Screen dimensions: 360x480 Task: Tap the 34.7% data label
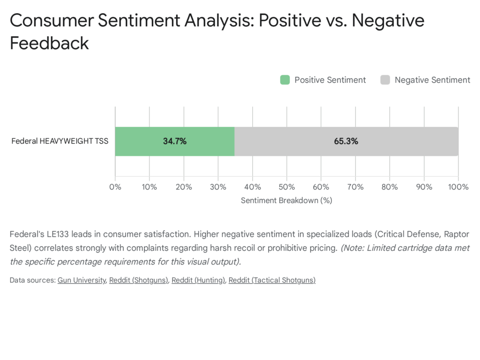coord(175,141)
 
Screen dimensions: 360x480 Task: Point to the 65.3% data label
coord(346,141)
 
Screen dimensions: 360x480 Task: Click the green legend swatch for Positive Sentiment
coord(285,80)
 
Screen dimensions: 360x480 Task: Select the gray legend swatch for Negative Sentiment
coord(385,80)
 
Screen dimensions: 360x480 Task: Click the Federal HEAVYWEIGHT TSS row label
coord(60,141)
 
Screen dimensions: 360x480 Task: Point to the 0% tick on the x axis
coord(115,187)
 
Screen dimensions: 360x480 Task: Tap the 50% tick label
coord(286,187)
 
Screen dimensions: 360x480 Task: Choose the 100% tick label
coord(458,187)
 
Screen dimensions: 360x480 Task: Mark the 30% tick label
coord(218,187)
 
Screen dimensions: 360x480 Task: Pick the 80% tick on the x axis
coord(390,187)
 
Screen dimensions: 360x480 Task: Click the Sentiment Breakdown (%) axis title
coord(286,200)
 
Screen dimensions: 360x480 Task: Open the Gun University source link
coord(82,280)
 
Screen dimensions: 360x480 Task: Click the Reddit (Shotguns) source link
coord(139,280)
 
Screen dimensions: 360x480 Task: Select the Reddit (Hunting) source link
coord(198,280)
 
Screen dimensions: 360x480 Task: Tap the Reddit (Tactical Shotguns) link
coord(272,280)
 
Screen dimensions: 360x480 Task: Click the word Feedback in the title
coord(49,43)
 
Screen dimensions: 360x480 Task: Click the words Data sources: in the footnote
coord(32,280)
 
